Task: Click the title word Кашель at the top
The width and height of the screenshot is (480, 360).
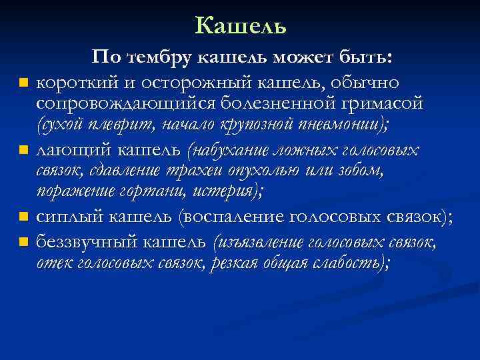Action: click(x=241, y=25)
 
